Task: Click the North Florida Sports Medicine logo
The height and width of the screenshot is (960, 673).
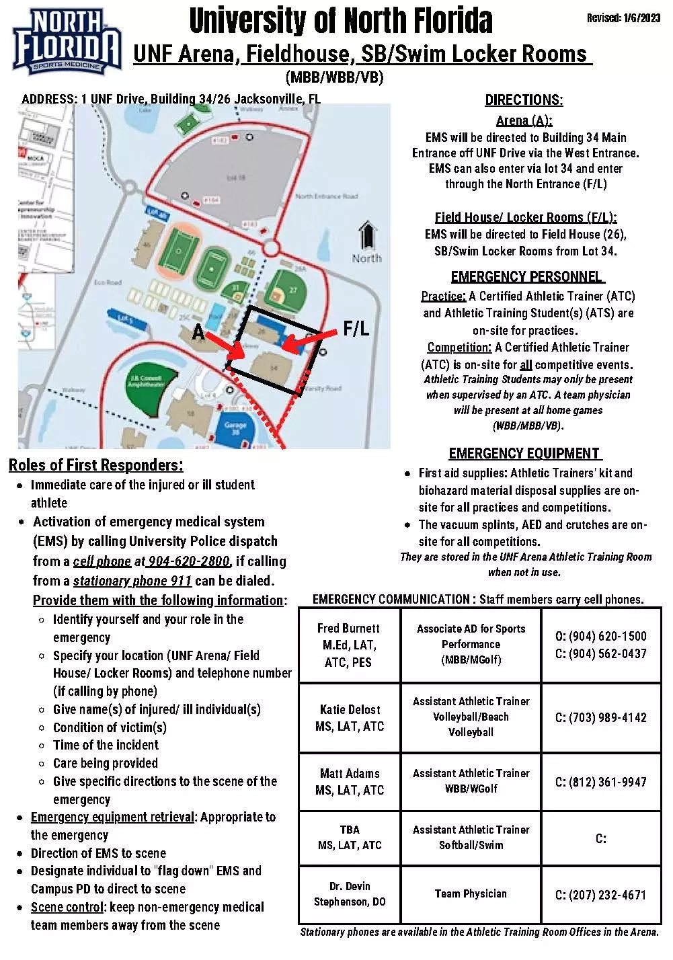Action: pos(66,41)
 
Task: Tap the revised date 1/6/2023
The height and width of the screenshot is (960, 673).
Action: pos(623,18)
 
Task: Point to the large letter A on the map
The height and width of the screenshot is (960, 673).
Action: pos(198,332)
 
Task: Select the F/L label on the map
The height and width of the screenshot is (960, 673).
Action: pos(356,329)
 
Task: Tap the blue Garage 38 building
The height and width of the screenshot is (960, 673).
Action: pos(235,427)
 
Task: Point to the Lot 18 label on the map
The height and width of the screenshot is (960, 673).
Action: pos(236,178)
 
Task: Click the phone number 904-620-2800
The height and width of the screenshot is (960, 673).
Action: pos(189,561)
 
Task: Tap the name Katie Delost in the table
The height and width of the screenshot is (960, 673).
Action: pos(350,709)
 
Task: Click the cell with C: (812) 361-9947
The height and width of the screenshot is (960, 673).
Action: pos(600,782)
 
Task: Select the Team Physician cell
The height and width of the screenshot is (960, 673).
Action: pos(471,893)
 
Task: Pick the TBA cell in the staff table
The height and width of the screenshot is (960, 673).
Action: pos(350,830)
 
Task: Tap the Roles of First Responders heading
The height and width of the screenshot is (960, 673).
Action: pos(95,465)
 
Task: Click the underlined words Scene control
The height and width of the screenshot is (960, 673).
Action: pos(67,907)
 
